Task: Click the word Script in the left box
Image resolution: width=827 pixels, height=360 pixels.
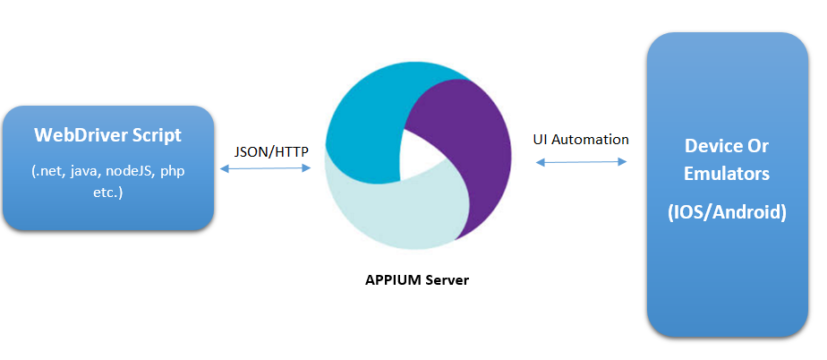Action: [156, 135]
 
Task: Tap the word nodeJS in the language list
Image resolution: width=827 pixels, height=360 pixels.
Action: [128, 170]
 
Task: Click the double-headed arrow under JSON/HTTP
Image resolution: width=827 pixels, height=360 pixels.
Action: [264, 167]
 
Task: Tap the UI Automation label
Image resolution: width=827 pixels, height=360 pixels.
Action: [581, 140]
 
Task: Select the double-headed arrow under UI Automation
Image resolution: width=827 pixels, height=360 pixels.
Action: [581, 162]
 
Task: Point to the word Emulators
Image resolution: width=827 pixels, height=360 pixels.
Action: [727, 175]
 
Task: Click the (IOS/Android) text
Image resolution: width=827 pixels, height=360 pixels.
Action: [727, 213]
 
